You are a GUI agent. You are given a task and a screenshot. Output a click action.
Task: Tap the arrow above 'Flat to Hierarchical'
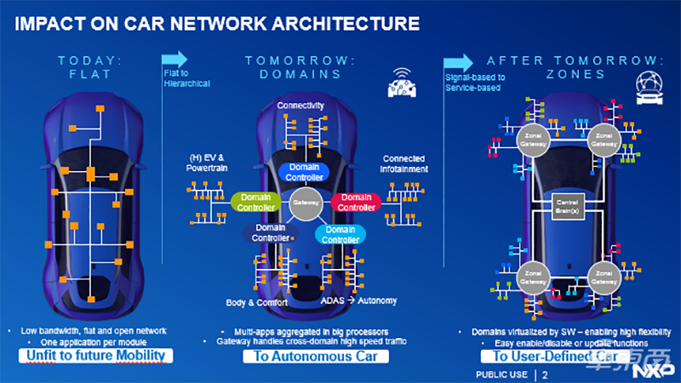(x=175, y=59)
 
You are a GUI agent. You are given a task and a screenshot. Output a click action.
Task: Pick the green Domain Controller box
(x=255, y=203)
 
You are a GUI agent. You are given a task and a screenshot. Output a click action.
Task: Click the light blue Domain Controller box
(x=340, y=234)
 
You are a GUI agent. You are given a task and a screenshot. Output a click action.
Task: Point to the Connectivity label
(x=300, y=106)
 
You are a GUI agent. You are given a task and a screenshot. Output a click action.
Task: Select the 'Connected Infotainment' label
(x=403, y=163)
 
